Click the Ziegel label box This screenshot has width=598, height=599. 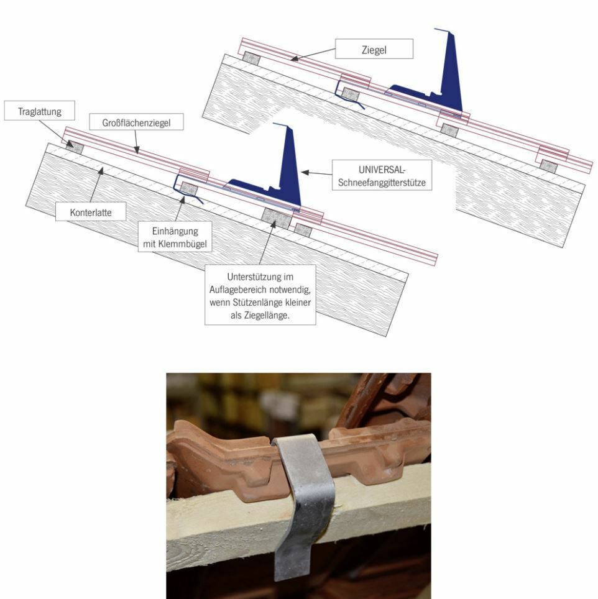coord(374,49)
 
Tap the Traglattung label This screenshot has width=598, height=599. coord(40,111)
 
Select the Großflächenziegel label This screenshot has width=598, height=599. coord(136,122)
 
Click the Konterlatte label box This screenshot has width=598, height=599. coord(91,212)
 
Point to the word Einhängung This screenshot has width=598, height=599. coord(175,231)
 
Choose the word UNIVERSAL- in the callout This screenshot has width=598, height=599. coord(382,170)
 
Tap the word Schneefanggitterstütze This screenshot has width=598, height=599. coord(382,182)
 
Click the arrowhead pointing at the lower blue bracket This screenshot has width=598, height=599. coord(305,172)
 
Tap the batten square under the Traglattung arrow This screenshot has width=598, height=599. coord(75,147)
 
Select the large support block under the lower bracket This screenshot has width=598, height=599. coord(276,218)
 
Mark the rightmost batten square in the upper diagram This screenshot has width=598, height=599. coord(548,166)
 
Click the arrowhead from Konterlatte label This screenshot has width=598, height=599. coord(101,171)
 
